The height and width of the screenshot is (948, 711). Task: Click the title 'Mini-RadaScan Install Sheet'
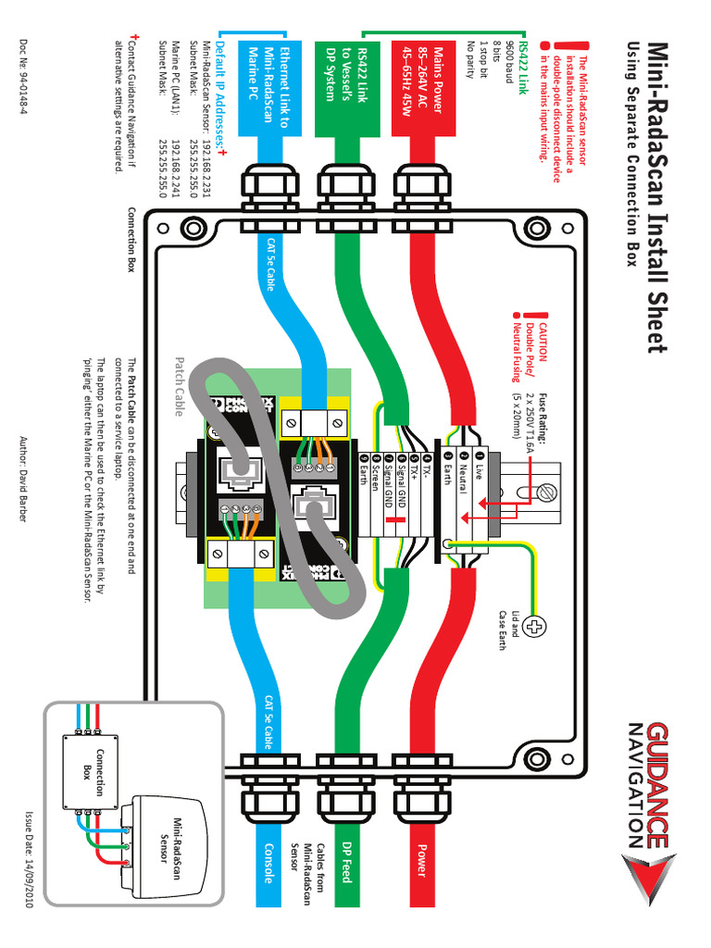coord(656,196)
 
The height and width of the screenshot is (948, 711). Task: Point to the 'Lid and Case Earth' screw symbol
coord(535,630)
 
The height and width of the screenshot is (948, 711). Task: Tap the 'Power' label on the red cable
coord(422,860)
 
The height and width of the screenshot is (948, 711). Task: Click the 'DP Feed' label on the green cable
coord(345,861)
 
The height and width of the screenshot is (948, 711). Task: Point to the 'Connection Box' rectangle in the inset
coord(91,767)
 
